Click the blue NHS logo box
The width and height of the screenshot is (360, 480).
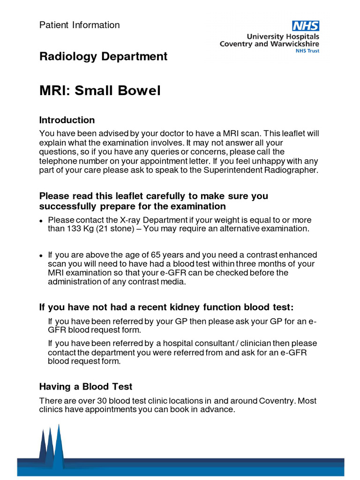click(306, 26)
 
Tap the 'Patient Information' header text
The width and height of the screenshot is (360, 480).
click(79, 25)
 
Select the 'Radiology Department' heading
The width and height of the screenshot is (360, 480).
click(103, 57)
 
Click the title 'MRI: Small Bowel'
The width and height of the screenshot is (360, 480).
click(100, 90)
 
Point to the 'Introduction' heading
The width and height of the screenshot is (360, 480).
click(67, 120)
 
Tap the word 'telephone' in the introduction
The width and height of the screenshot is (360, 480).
click(57, 161)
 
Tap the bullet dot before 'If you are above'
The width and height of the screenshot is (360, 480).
click(41, 256)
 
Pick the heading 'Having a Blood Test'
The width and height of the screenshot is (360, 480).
click(86, 387)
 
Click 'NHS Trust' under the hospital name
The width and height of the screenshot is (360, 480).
click(307, 51)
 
